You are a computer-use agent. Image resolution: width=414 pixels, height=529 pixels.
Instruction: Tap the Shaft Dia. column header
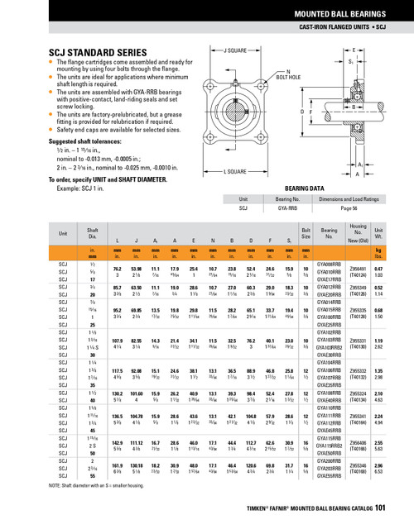click(94, 235)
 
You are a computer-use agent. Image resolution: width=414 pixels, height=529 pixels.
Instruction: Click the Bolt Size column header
click(306, 235)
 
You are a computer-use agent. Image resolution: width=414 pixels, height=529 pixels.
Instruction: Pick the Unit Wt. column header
click(378, 235)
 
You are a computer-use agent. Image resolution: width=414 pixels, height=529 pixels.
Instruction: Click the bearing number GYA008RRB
click(330, 261)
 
